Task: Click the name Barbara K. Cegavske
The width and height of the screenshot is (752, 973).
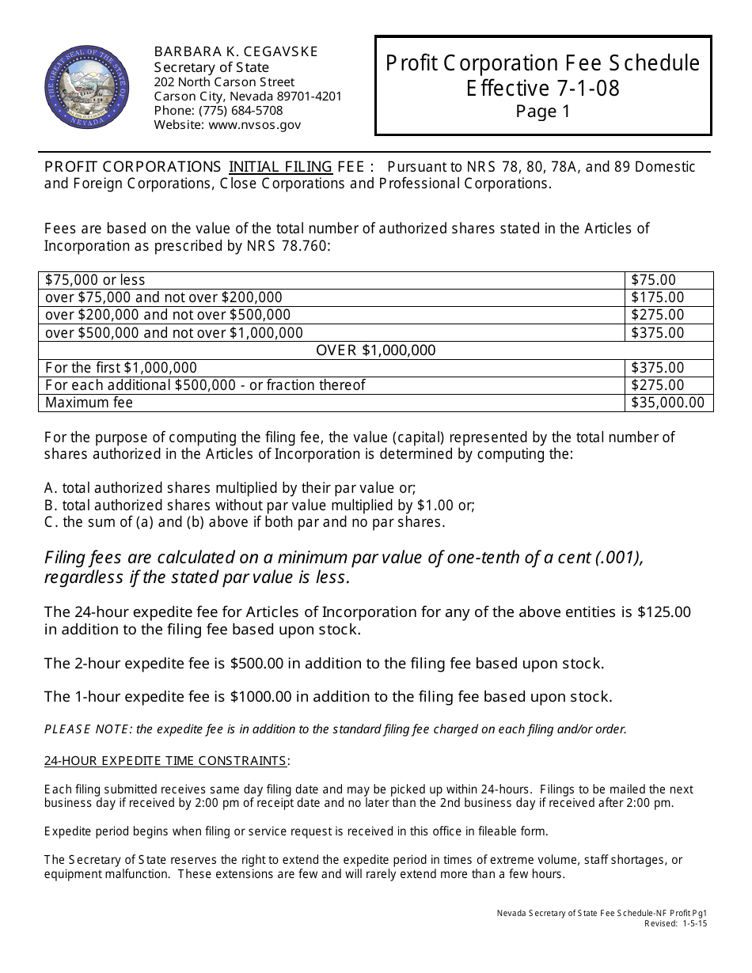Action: point(236,51)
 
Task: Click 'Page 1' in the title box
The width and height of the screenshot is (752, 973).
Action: point(543,112)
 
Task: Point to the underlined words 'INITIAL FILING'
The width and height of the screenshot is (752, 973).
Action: point(280,167)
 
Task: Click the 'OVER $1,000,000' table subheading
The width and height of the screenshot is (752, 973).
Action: point(376,350)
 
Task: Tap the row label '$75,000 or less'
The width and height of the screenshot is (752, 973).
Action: point(95,280)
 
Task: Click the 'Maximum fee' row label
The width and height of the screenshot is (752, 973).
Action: point(89,403)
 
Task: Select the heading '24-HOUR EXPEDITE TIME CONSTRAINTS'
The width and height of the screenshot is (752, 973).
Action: point(165,761)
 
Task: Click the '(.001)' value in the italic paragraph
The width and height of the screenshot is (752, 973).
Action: point(617,557)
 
